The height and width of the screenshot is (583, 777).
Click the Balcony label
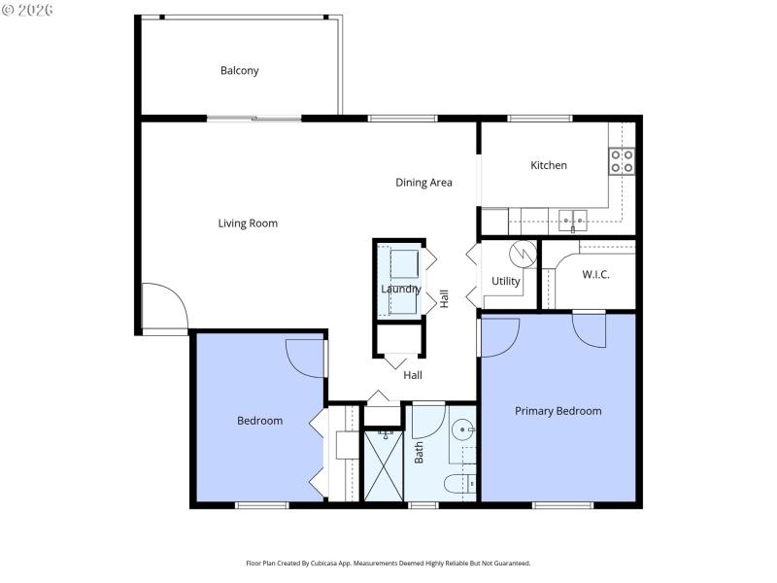pos(239,71)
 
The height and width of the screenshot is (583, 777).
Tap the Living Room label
pos(247,223)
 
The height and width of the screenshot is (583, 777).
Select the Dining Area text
pos(423,183)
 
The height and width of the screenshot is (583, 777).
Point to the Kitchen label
pos(548,165)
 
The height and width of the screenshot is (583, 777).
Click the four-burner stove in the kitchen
pos(622,161)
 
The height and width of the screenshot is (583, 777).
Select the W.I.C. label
pos(595,275)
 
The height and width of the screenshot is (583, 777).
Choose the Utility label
pos(505,282)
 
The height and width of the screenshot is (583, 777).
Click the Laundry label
pos(400,289)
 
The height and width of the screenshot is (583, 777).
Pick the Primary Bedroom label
pos(557,411)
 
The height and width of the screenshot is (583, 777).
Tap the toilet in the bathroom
pos(457,483)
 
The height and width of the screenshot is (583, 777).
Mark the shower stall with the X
pos(383,464)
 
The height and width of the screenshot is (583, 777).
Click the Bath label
pos(420,452)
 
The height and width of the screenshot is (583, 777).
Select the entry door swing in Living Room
pos(162,307)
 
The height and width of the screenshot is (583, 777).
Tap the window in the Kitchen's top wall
pos(540,120)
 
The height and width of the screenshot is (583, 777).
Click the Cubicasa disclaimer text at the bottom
pos(388,563)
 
